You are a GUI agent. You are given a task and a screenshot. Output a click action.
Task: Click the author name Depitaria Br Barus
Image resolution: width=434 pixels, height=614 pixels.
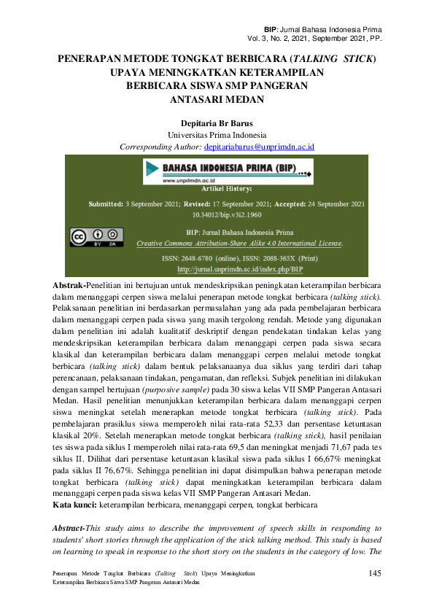tap(216, 123)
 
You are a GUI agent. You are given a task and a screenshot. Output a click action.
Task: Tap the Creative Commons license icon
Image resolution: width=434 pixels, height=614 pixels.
tap(95, 237)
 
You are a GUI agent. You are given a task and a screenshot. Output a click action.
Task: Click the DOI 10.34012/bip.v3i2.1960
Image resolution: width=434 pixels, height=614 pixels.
tap(227, 216)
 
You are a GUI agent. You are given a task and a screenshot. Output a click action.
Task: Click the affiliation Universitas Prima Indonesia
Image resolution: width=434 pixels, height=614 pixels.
tap(217, 135)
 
